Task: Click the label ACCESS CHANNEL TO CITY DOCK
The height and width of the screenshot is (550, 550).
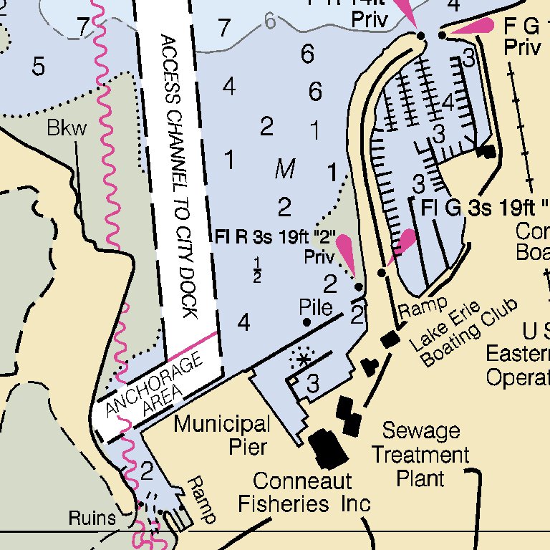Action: [x=178, y=175]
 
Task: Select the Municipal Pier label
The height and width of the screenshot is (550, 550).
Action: [x=222, y=435]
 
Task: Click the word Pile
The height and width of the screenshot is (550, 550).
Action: [x=316, y=308]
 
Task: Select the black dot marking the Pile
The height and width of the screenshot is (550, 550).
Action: [x=307, y=322]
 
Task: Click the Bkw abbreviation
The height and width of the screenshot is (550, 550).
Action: [x=67, y=129]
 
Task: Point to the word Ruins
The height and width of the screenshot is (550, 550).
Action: [x=92, y=518]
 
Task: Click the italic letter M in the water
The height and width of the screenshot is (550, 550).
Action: [x=285, y=170]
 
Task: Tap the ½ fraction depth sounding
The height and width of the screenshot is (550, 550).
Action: [x=256, y=273]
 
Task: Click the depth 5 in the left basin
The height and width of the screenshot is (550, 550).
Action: [x=38, y=67]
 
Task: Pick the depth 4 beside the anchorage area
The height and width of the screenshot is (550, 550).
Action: [x=243, y=323]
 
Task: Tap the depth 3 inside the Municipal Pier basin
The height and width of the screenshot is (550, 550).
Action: [x=313, y=384]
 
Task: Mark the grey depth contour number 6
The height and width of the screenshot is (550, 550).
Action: [x=269, y=21]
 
